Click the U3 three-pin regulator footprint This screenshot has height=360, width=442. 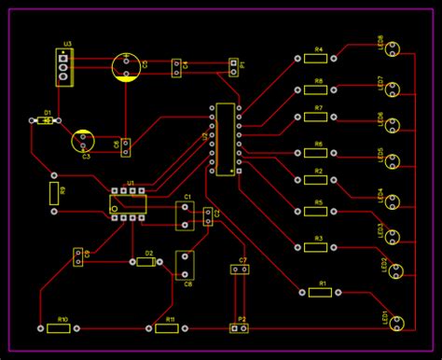pos(62,68)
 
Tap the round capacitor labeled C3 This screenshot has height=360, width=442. pos(84,141)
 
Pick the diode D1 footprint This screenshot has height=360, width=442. pos(42,120)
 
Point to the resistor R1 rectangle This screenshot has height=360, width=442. pos(320,292)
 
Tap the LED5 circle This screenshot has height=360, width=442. pos(394,160)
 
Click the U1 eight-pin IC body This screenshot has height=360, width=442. pos(129,202)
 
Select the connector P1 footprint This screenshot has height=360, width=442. pos(233,66)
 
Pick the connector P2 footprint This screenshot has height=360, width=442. pos(241,328)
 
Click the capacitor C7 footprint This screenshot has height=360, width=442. pos(241,270)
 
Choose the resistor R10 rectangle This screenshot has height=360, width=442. pos(61,328)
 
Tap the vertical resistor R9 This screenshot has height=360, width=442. pos(53,193)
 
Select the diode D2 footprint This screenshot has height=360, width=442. pos(145,262)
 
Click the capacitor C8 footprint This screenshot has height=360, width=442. pos(186,265)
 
